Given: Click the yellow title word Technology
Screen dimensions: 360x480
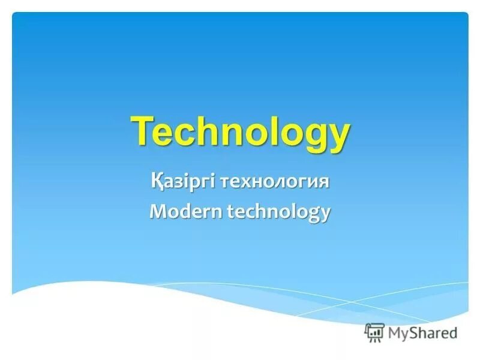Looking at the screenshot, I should coord(240,131).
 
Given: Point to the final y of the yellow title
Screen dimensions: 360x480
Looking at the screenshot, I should coord(337,136).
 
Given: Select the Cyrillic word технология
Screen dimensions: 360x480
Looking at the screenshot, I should coord(275,181).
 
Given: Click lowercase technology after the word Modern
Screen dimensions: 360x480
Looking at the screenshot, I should coord(278,212).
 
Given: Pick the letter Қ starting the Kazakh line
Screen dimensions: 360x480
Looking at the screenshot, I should coord(156,181).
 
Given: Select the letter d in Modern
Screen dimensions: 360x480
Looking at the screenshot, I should coord(182,211).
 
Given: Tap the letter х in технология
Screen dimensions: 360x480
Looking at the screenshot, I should coord(246,182).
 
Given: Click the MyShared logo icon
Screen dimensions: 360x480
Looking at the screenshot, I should coord(375,332).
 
